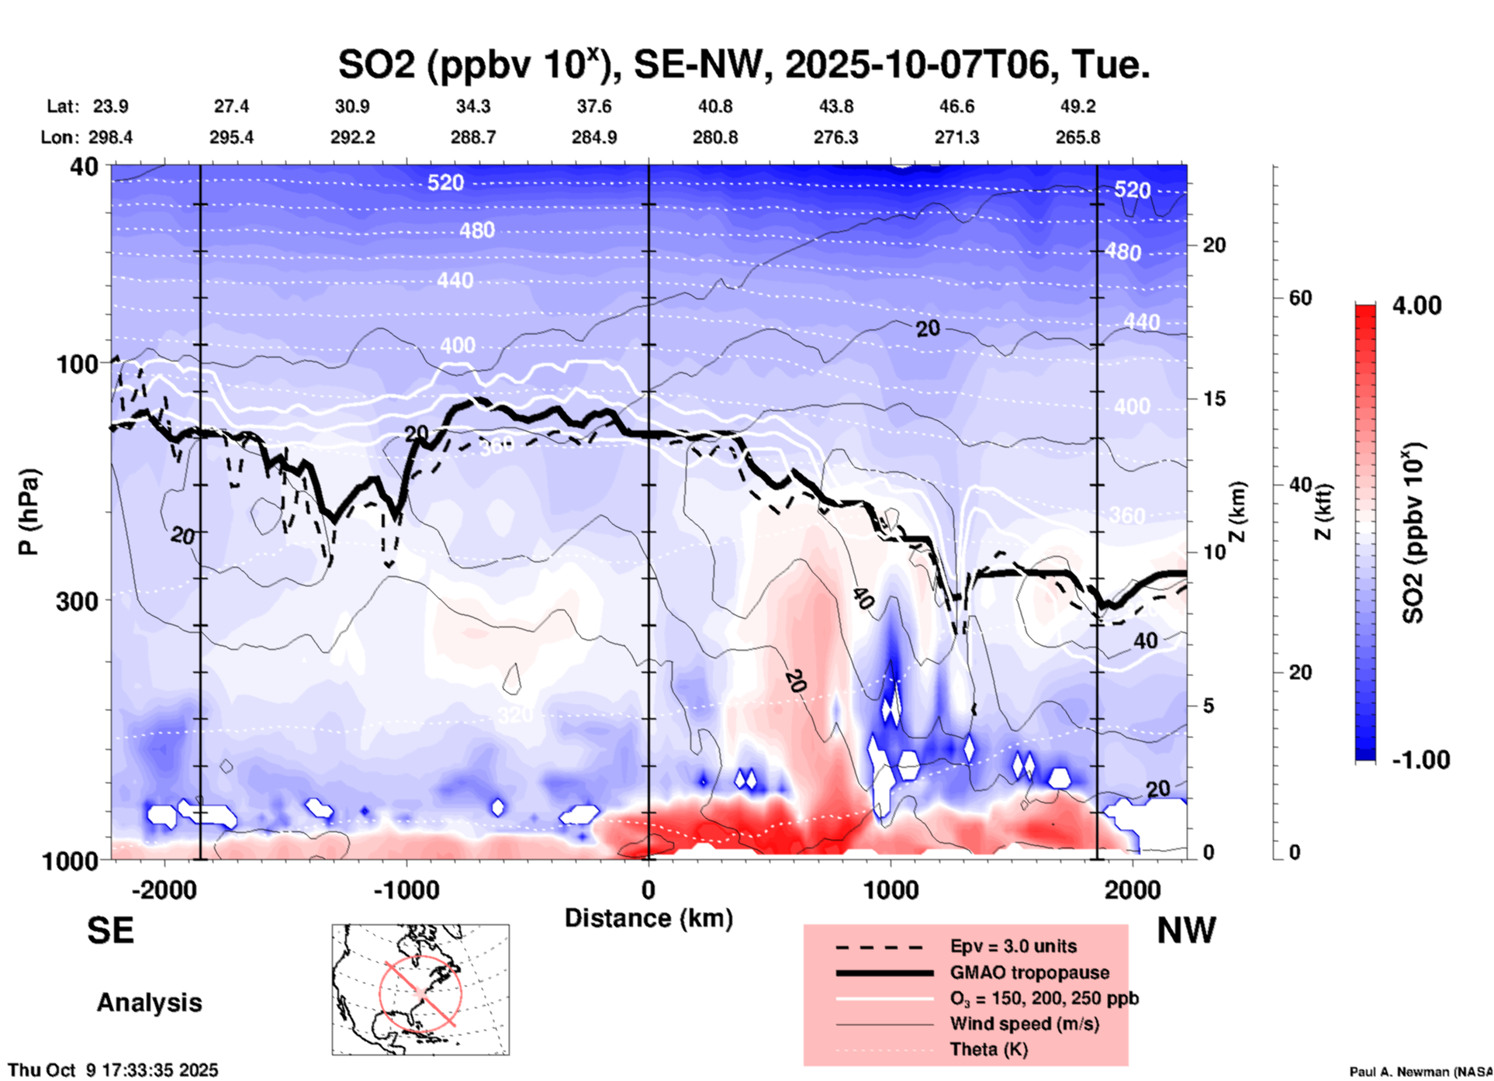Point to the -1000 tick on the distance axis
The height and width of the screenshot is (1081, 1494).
(406, 889)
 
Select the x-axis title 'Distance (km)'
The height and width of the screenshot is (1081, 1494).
(648, 918)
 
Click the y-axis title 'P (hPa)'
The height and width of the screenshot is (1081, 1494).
(29, 512)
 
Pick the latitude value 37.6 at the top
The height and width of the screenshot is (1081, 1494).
(593, 106)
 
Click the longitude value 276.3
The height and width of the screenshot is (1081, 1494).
(835, 137)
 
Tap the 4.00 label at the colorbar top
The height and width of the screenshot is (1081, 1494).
(1416, 306)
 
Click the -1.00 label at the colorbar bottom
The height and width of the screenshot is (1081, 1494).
(1420, 759)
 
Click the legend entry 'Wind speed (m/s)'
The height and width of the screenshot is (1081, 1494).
(1024, 1024)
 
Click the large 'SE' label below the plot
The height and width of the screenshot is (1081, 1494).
(110, 931)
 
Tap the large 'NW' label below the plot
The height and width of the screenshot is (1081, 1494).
(1186, 931)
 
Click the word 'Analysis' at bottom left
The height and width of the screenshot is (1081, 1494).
(149, 1002)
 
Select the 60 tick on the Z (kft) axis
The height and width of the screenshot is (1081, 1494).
(1300, 298)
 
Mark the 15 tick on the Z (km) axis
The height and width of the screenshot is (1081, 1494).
(1214, 399)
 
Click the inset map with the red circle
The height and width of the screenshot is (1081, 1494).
(420, 989)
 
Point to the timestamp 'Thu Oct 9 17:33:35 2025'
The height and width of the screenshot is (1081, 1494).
(113, 1070)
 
